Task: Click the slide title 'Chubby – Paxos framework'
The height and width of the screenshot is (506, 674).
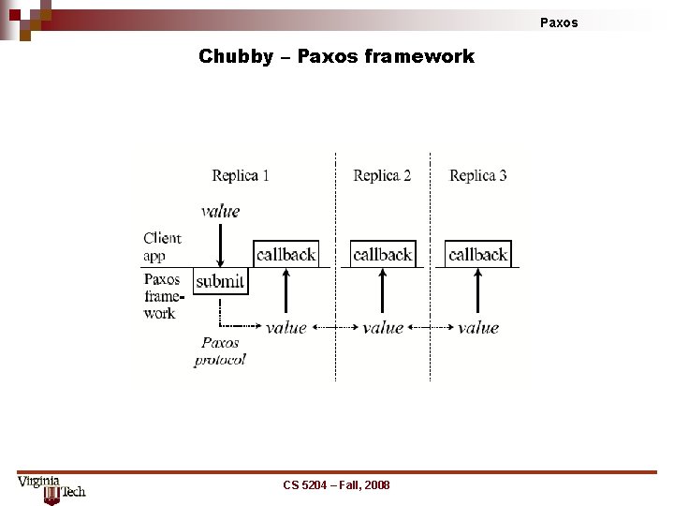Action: (336, 56)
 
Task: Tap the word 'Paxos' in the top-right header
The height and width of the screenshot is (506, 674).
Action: (559, 22)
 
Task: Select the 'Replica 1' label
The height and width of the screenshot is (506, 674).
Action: (241, 175)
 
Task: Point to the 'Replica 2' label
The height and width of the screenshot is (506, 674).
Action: (382, 175)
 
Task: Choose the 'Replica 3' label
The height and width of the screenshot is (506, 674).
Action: (477, 175)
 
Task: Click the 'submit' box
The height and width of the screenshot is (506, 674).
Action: (221, 281)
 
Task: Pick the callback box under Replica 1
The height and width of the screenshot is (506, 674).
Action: (286, 254)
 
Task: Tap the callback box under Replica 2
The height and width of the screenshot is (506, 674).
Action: (382, 254)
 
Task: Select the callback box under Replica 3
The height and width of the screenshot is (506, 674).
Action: (477, 254)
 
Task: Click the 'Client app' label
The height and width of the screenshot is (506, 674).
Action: (162, 246)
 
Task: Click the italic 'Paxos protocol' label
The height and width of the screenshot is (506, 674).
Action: (220, 351)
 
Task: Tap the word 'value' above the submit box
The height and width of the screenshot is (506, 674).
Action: (220, 211)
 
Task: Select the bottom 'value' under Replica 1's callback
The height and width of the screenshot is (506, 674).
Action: (286, 327)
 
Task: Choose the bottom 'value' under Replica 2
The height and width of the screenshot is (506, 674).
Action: (382, 327)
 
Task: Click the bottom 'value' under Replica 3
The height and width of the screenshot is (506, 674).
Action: (477, 327)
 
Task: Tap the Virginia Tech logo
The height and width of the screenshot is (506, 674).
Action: (51, 489)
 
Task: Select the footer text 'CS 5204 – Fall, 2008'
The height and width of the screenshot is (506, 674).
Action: (336, 484)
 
